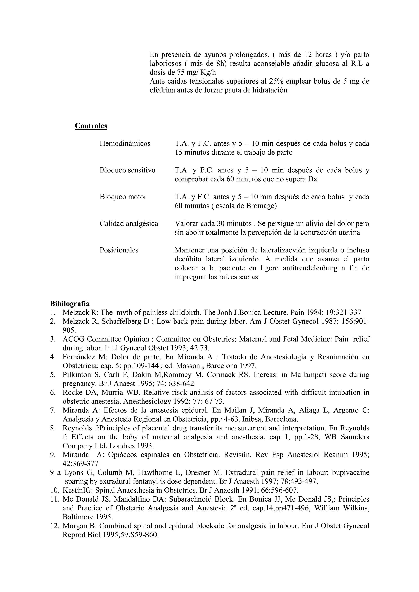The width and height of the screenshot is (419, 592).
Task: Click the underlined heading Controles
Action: coord(91,126)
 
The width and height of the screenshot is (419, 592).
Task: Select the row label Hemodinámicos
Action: coord(125,143)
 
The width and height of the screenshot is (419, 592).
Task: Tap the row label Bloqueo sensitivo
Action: coord(127,170)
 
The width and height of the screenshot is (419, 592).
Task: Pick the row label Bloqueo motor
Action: coord(123,197)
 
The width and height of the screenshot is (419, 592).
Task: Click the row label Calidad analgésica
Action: coord(129,223)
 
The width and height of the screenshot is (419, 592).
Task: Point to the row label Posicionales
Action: coord(119,250)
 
